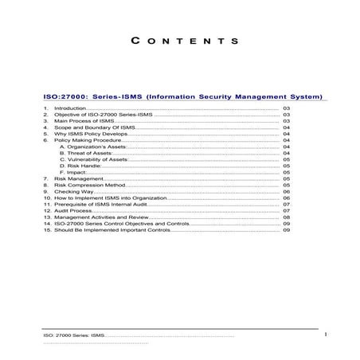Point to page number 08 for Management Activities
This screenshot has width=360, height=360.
[x=286, y=217]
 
